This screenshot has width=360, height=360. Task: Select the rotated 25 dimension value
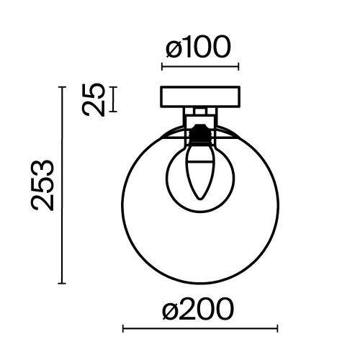pyautogui.click(x=94, y=99)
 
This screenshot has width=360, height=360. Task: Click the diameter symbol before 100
pyautogui.click(x=171, y=48)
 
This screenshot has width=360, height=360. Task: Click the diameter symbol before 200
pyautogui.click(x=170, y=310)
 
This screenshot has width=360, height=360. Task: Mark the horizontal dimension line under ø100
pyautogui.click(x=199, y=68)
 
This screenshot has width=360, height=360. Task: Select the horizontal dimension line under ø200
pyautogui.click(x=199, y=329)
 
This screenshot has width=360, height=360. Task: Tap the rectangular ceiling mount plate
pyautogui.click(x=199, y=96)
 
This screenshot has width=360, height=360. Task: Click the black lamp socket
pyautogui.click(x=199, y=134)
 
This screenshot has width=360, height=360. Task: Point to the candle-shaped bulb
pyautogui.click(x=199, y=173)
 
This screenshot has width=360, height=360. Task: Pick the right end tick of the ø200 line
pyautogui.click(x=277, y=329)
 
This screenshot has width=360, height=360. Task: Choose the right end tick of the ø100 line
pyautogui.click(x=238, y=68)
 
